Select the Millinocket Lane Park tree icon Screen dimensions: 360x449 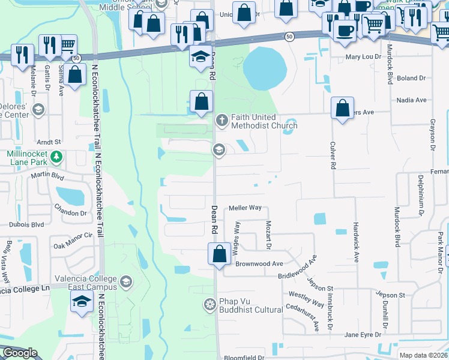[x=56, y=157]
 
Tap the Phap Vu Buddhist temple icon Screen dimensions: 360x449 [x=209, y=305]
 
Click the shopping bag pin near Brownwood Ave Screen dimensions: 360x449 [x=219, y=253]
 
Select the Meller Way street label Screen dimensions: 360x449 [x=245, y=208]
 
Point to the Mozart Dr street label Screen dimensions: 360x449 [x=269, y=235]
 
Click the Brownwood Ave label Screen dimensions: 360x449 [x=259, y=263]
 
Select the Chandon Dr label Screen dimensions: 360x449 [x=70, y=213]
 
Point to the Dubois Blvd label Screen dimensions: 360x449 [x=26, y=224]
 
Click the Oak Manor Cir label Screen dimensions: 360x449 [x=73, y=241]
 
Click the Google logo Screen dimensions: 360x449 [x=20, y=353]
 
